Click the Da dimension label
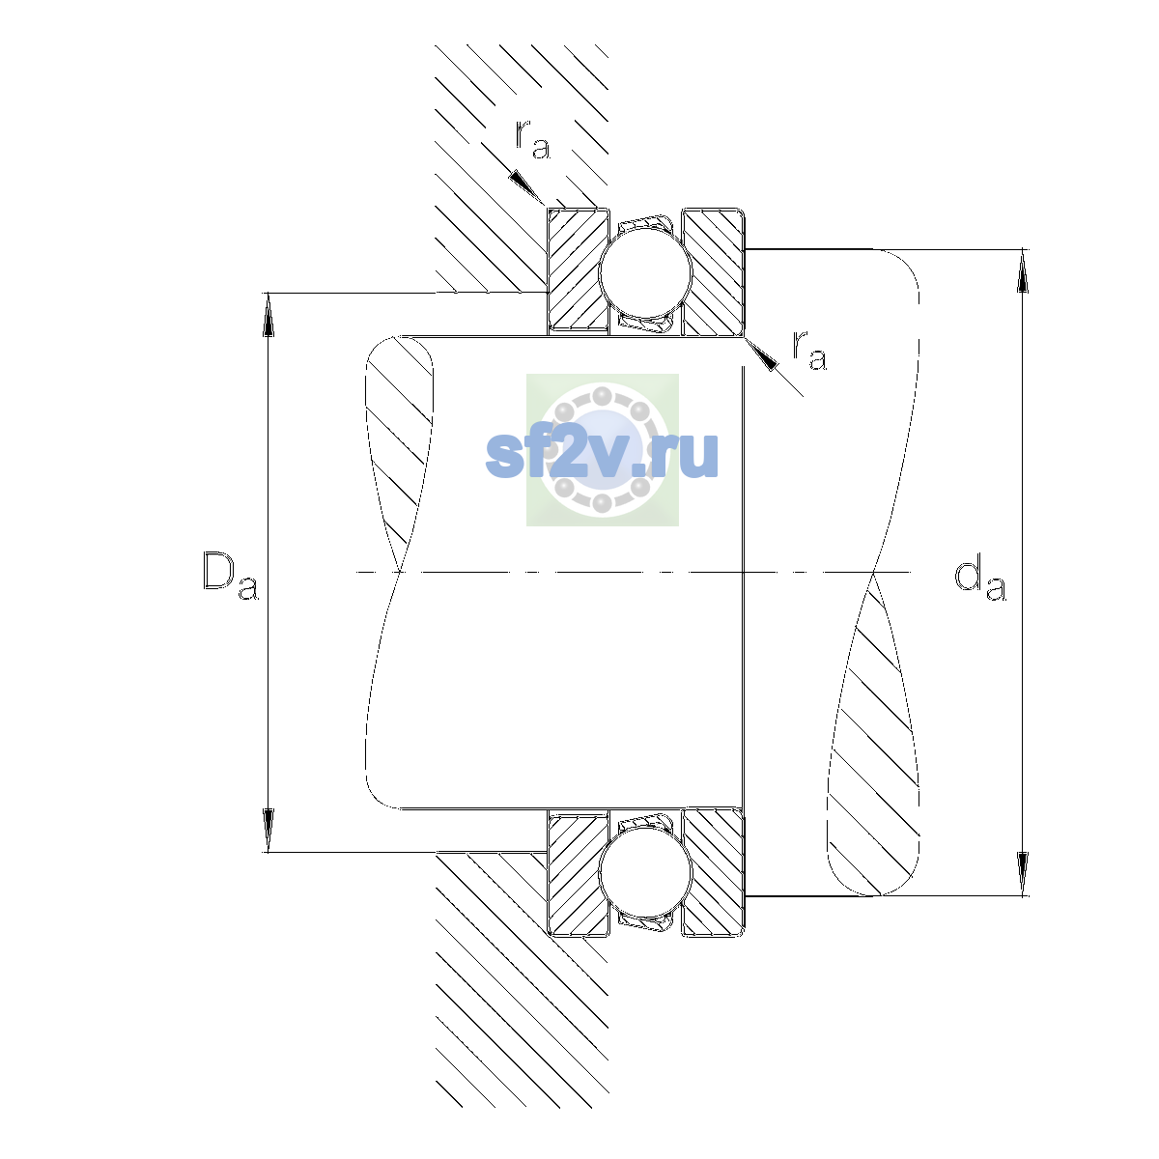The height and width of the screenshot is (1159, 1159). tap(231, 576)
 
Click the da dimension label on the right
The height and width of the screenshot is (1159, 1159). tap(979, 580)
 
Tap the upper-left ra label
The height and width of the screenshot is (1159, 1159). tap(532, 139)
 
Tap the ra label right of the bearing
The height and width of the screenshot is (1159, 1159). tap(809, 350)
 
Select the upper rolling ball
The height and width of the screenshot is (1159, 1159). tap(645, 271)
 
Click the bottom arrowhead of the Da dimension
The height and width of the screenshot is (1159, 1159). tap(269, 830)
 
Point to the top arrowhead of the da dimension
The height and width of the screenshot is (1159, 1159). tap(1023, 270)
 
